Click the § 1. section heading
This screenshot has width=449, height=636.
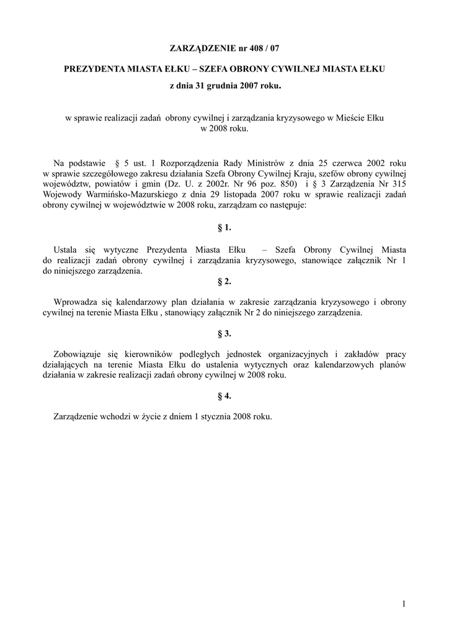pos(225,228)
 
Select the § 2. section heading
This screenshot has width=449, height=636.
pos(225,281)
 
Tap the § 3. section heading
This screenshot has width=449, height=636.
pos(225,334)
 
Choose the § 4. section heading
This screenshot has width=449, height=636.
pos(225,396)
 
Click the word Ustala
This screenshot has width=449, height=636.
pos(66,250)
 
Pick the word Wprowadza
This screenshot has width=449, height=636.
pos(76,302)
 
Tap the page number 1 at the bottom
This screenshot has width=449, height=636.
pos(403,604)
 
